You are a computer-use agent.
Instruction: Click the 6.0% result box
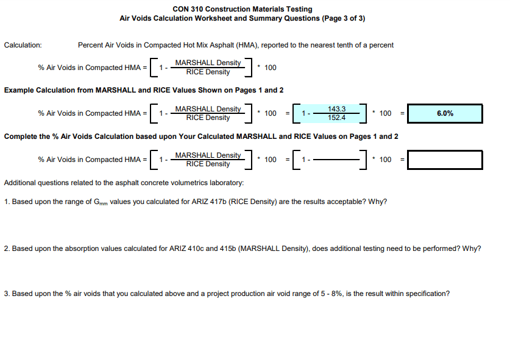click(x=445, y=113)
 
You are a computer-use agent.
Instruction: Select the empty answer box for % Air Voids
click(x=445, y=160)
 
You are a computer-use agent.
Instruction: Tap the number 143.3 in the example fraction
click(x=336, y=109)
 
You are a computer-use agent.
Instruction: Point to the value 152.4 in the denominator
click(x=336, y=118)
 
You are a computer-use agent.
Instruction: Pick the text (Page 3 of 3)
click(x=344, y=18)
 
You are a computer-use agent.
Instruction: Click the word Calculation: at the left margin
click(x=23, y=45)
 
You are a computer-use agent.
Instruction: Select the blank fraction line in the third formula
click(x=336, y=160)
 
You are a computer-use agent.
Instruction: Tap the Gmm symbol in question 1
click(x=101, y=202)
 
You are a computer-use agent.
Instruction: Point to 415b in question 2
click(x=228, y=249)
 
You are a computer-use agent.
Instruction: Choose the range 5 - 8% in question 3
click(x=331, y=294)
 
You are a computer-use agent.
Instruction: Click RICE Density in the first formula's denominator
click(x=208, y=72)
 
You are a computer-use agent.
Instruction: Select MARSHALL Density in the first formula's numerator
click(x=208, y=63)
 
